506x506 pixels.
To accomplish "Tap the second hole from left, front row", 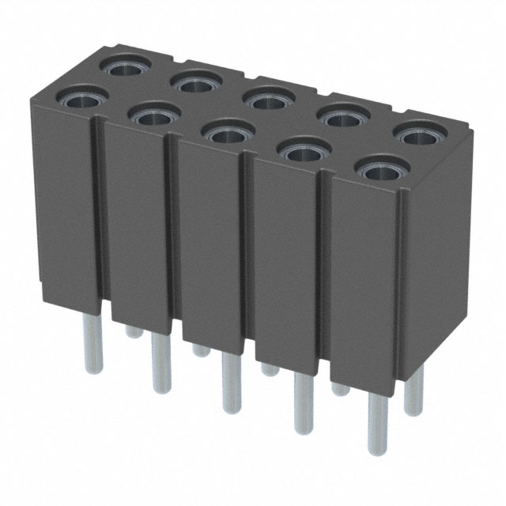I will [x=150, y=116].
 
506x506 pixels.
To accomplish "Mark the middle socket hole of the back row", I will [x=267, y=97].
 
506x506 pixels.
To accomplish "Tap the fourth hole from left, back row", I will [x=342, y=117].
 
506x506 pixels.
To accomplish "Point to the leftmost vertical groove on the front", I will [x=100, y=213].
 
